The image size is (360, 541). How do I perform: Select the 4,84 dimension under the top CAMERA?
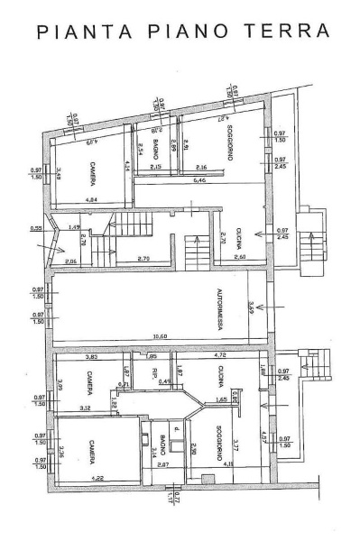(x=91, y=200)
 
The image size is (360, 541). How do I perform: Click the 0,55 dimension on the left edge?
(x=36, y=227)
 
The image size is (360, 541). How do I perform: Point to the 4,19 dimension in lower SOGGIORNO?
(x=230, y=464)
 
